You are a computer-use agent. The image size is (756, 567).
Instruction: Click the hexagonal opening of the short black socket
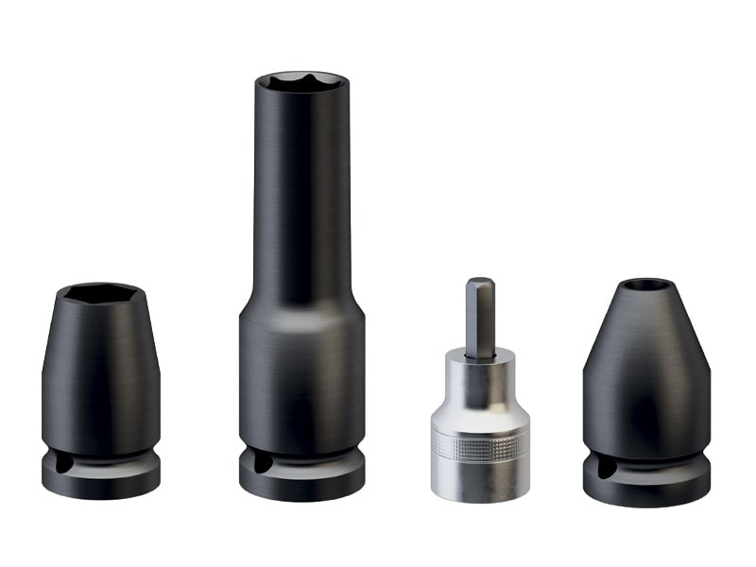coord(100,294)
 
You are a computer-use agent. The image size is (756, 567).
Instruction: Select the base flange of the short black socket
coord(101,481)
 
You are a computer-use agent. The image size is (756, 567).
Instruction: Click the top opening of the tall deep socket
coord(301,81)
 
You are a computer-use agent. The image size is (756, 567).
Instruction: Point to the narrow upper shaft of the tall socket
coord(301,189)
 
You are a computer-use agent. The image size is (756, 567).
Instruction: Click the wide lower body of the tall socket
coord(301,378)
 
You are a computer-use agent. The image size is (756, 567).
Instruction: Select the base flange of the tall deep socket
coord(301,482)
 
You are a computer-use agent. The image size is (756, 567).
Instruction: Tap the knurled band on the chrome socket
coord(480,446)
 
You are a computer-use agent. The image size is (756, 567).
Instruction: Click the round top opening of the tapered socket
coord(646,284)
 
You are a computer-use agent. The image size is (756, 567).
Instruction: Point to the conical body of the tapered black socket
coord(646,369)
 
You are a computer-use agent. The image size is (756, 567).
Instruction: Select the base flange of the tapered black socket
coord(646,487)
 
